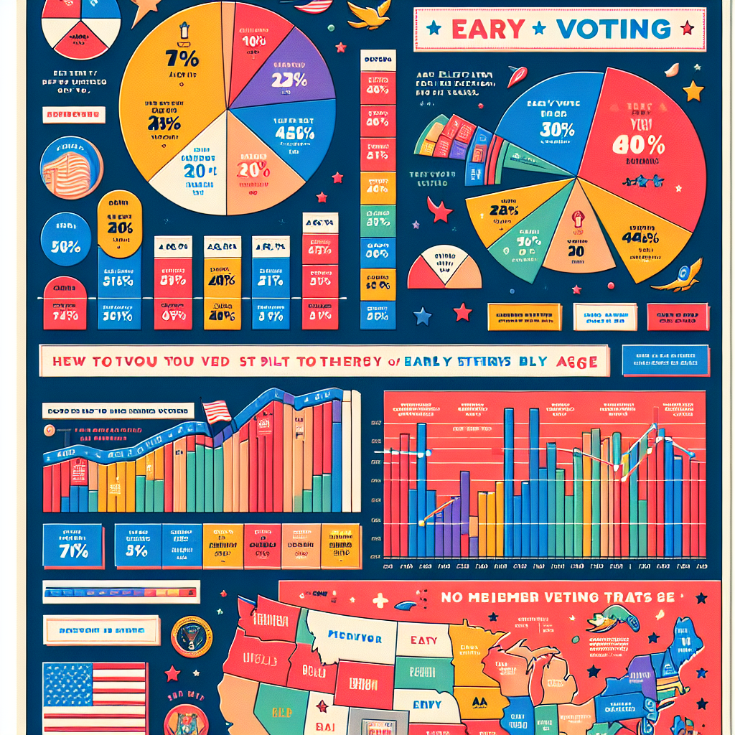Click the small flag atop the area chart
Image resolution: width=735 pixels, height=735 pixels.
216,411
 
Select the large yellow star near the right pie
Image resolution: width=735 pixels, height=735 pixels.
693,90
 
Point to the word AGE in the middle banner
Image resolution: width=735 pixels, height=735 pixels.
576,362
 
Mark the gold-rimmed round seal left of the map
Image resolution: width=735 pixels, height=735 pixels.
191,637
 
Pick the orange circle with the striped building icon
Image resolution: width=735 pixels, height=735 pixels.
71,167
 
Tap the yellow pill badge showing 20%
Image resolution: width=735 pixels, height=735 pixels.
119,224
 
